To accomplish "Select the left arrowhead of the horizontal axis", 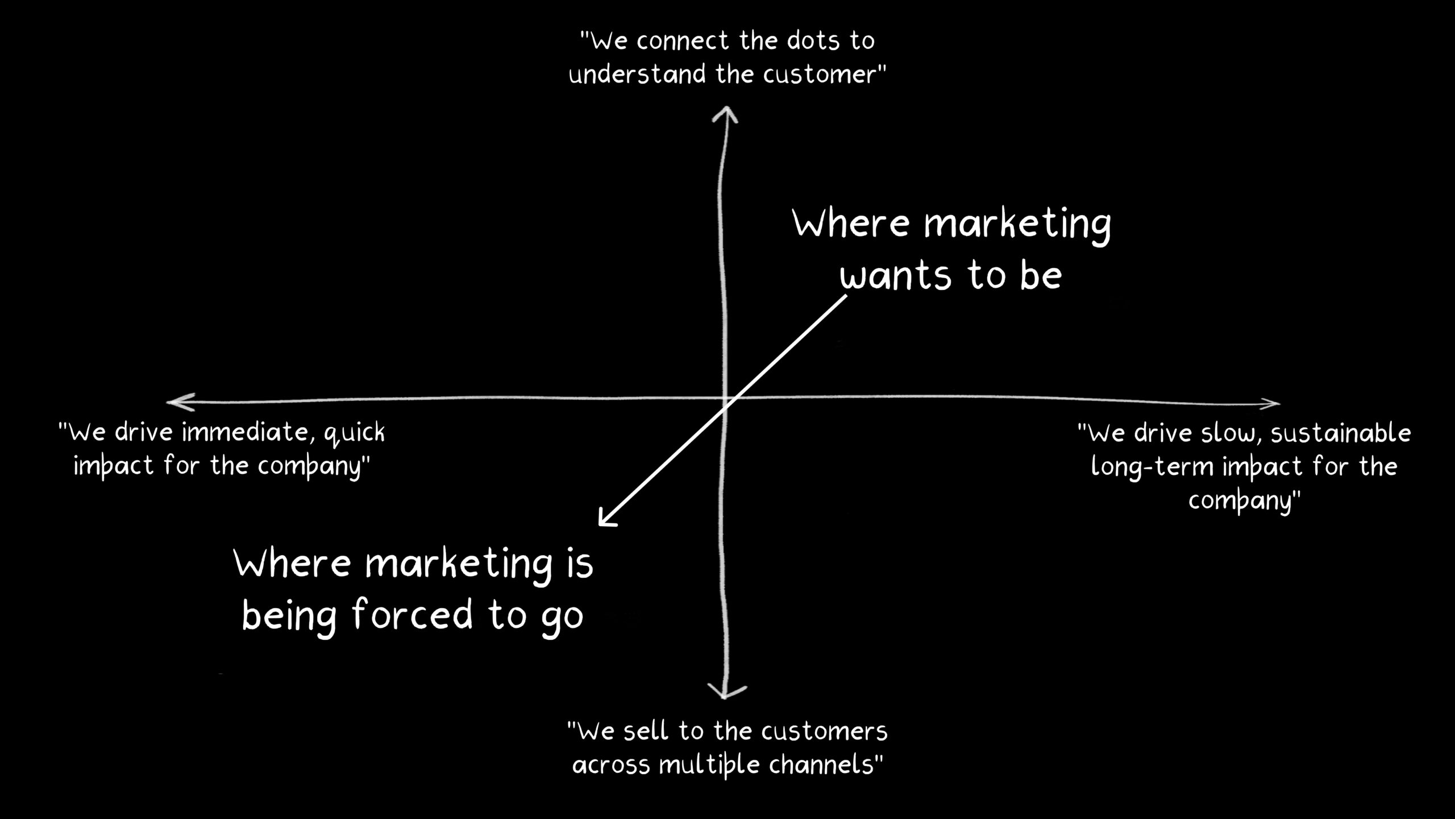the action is [x=181, y=402].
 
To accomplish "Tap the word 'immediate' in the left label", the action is [x=249, y=433].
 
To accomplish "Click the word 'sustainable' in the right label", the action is [x=1341, y=433].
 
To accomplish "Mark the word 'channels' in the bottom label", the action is [x=821, y=765].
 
